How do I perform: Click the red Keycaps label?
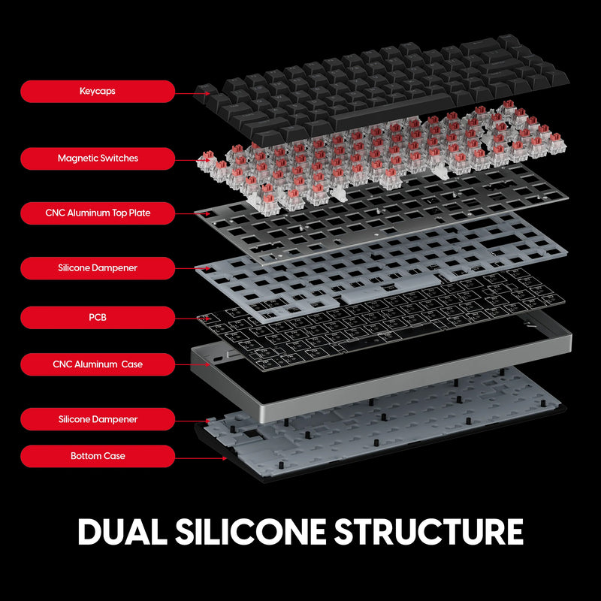pyautogui.click(x=98, y=92)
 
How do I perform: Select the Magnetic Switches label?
pyautogui.click(x=98, y=159)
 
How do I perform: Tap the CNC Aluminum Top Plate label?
pyautogui.click(x=98, y=213)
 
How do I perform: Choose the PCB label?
pyautogui.click(x=98, y=318)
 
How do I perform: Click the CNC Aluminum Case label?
pyautogui.click(x=98, y=364)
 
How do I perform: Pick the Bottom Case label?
pyautogui.click(x=98, y=456)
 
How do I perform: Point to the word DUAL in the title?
pyautogui.click(x=121, y=531)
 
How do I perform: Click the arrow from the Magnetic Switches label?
pyautogui.click(x=188, y=159)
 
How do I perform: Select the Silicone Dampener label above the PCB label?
pyautogui.click(x=98, y=268)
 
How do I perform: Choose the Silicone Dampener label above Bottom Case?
pyautogui.click(x=98, y=419)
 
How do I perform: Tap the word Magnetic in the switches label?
pyautogui.click(x=78, y=159)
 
